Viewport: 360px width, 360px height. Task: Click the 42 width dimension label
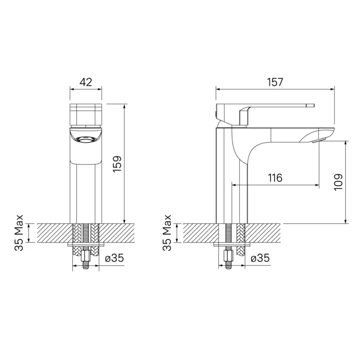pyautogui.click(x=86, y=82)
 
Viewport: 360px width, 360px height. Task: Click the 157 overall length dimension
pyautogui.click(x=275, y=82)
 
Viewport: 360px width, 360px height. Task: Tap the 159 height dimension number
pyautogui.click(x=117, y=164)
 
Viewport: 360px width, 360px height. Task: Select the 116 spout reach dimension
pyautogui.click(x=275, y=178)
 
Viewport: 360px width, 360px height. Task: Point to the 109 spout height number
pyautogui.click(x=338, y=182)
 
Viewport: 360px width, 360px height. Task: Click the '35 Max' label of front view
pyautogui.click(x=19, y=233)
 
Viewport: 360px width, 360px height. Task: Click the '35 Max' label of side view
pyautogui.click(x=167, y=233)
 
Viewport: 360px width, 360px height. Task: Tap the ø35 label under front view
pyautogui.click(x=114, y=258)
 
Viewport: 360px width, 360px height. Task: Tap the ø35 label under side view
pyautogui.click(x=260, y=258)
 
